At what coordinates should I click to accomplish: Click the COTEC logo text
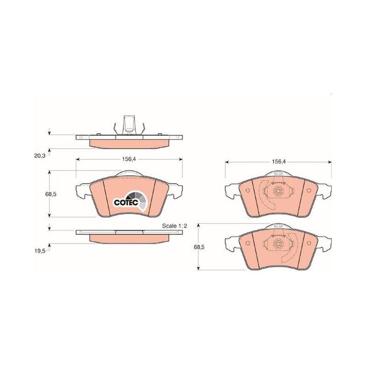point(126,202)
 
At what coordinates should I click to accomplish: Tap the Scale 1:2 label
point(175,226)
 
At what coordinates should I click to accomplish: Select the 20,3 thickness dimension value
point(40,156)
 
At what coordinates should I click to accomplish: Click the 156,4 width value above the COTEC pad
point(129,159)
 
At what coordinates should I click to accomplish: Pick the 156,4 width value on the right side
point(279,161)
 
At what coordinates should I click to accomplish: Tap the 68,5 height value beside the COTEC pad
point(51,194)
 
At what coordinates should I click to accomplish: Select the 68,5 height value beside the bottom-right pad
point(199,247)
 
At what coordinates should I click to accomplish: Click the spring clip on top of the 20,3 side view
point(129,125)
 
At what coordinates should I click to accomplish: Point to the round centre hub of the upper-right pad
point(278,191)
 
